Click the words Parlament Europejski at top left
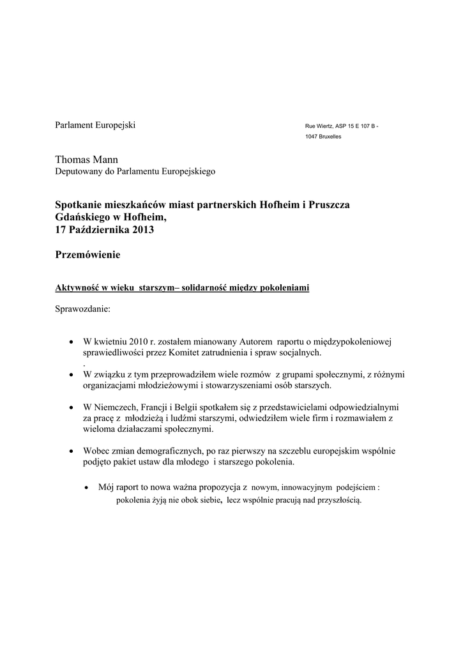pyautogui.click(x=95, y=124)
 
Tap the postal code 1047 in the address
pyautogui.click(x=312, y=137)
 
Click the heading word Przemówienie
pyautogui.click(x=87, y=255)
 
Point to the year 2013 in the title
pyautogui.click(x=144, y=230)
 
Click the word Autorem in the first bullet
pyautogui.click(x=256, y=342)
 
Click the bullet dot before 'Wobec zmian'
pyautogui.click(x=70, y=451)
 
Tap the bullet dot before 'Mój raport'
pyautogui.click(x=87, y=487)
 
